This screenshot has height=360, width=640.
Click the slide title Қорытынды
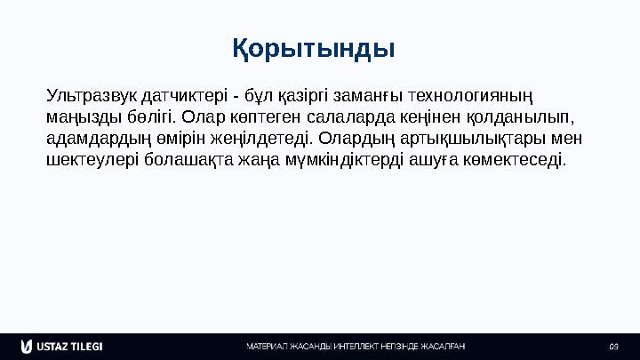[314, 47]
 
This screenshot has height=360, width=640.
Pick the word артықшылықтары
[478, 140]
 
